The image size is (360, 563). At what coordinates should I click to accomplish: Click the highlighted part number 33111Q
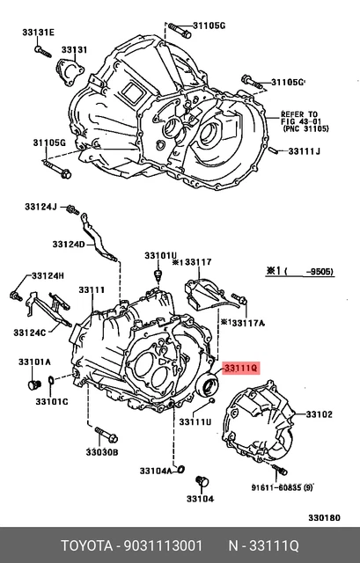pos(240,369)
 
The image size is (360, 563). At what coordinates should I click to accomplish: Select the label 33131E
pos(38,33)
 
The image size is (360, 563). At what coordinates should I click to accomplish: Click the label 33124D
pos(68,244)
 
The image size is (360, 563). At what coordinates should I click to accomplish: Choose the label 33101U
pos(161,256)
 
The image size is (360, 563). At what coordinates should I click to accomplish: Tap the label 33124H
pos(48,275)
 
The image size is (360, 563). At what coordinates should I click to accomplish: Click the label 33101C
pos(52,401)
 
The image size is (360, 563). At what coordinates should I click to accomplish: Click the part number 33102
pos(319,413)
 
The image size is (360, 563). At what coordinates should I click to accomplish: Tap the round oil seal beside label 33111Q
pos(208,384)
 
